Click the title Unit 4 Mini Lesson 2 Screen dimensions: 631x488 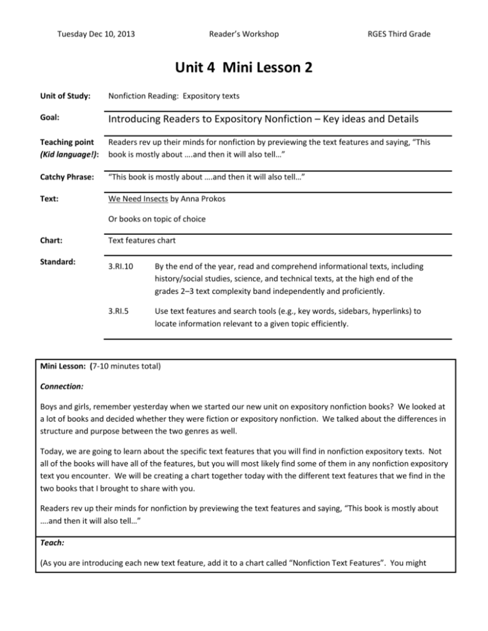243,69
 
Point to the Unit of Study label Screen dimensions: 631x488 63,96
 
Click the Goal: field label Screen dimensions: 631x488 51,119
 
